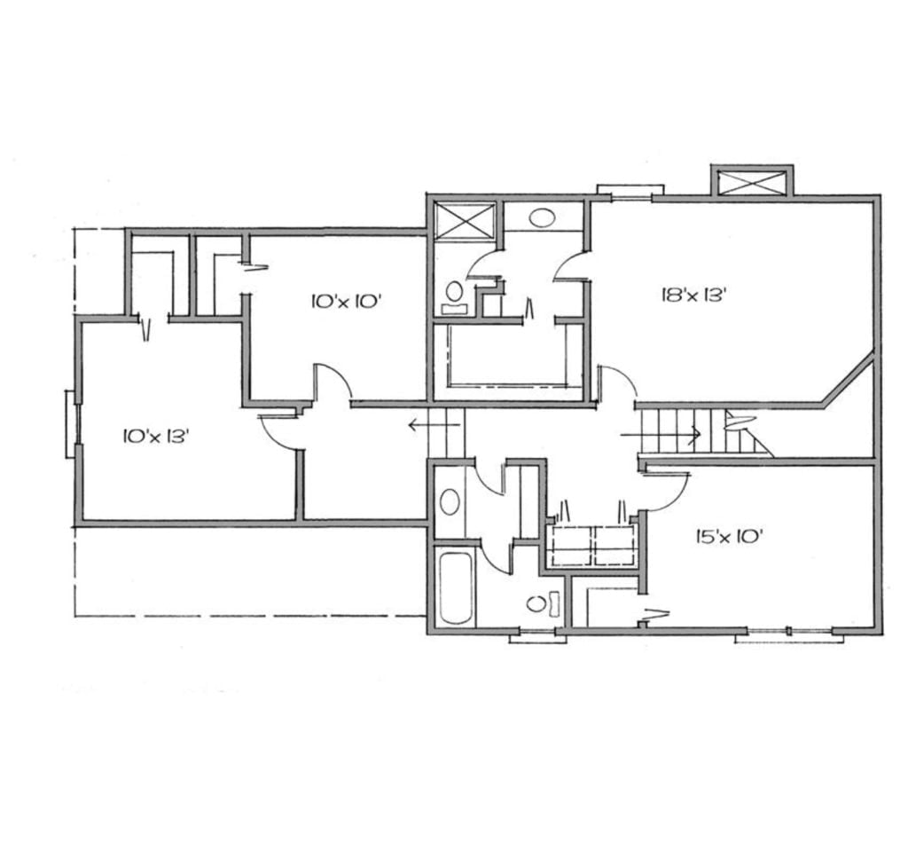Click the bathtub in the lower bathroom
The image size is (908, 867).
[456, 588]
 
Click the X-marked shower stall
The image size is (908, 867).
[466, 220]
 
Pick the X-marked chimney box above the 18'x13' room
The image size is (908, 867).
[752, 183]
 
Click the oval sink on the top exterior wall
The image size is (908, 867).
[541, 216]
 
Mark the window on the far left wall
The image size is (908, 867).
[71, 424]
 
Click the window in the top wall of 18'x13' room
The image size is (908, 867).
[630, 190]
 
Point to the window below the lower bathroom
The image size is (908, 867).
[537, 634]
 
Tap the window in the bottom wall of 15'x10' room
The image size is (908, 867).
[788, 634]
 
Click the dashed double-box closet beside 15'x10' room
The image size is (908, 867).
[591, 546]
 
